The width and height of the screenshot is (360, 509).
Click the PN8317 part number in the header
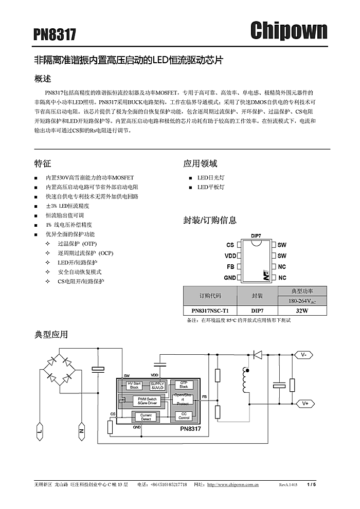[55, 34]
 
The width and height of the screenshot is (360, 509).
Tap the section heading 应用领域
[200, 163]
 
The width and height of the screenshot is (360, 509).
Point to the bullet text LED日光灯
[211, 177]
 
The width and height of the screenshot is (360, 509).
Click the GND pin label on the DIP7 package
[230, 278]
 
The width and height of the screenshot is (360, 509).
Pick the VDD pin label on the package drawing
[230, 256]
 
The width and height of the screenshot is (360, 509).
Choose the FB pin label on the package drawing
[231, 267]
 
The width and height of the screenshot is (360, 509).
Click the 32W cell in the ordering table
[302, 311]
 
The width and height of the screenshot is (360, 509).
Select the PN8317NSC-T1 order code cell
[210, 311]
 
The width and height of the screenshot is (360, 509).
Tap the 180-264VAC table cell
[302, 301]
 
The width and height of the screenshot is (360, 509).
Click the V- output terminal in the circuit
[304, 355]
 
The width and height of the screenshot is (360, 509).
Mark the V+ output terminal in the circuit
[305, 404]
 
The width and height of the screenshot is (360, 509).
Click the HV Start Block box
[134, 385]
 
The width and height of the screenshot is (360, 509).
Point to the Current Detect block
[146, 417]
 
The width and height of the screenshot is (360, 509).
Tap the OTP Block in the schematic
[184, 385]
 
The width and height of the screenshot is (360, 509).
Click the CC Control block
[184, 415]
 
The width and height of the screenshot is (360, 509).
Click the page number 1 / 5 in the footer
[311, 484]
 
